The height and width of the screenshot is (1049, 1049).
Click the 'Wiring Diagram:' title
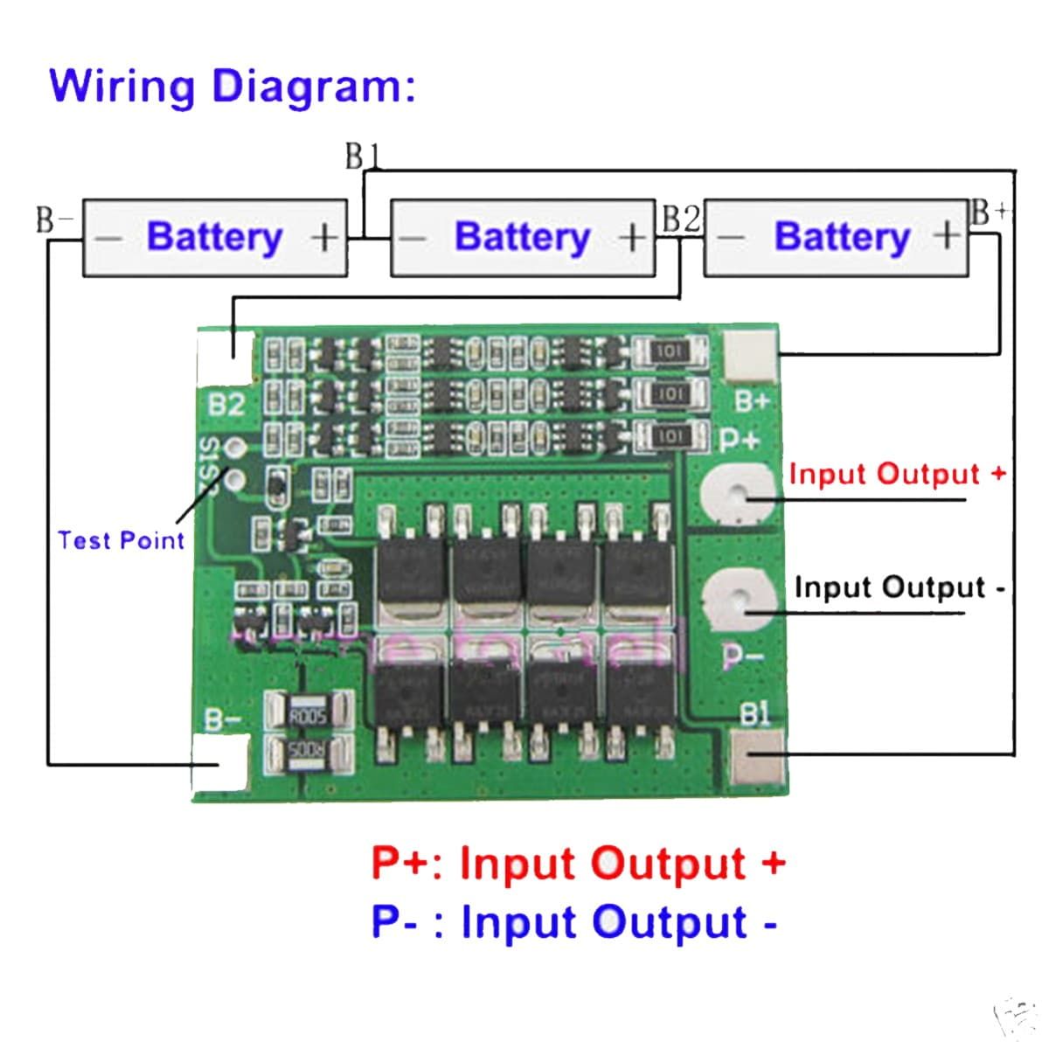[x=232, y=87]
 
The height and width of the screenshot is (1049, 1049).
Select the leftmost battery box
[x=214, y=238]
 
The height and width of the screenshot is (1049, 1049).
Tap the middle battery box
[x=522, y=238]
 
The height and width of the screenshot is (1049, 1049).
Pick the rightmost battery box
[x=836, y=238]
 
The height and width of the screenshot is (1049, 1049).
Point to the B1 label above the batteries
[x=362, y=156]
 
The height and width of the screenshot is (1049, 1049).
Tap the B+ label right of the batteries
[x=990, y=212]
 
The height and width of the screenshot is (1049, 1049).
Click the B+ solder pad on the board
[x=752, y=355]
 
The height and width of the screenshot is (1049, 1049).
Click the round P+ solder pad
[x=740, y=494]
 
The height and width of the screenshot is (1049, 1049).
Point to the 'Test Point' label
[x=121, y=540]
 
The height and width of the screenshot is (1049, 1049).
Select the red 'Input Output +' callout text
[x=897, y=474]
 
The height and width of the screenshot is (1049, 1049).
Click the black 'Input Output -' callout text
[x=899, y=587]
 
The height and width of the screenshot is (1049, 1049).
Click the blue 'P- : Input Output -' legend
[x=574, y=921]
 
